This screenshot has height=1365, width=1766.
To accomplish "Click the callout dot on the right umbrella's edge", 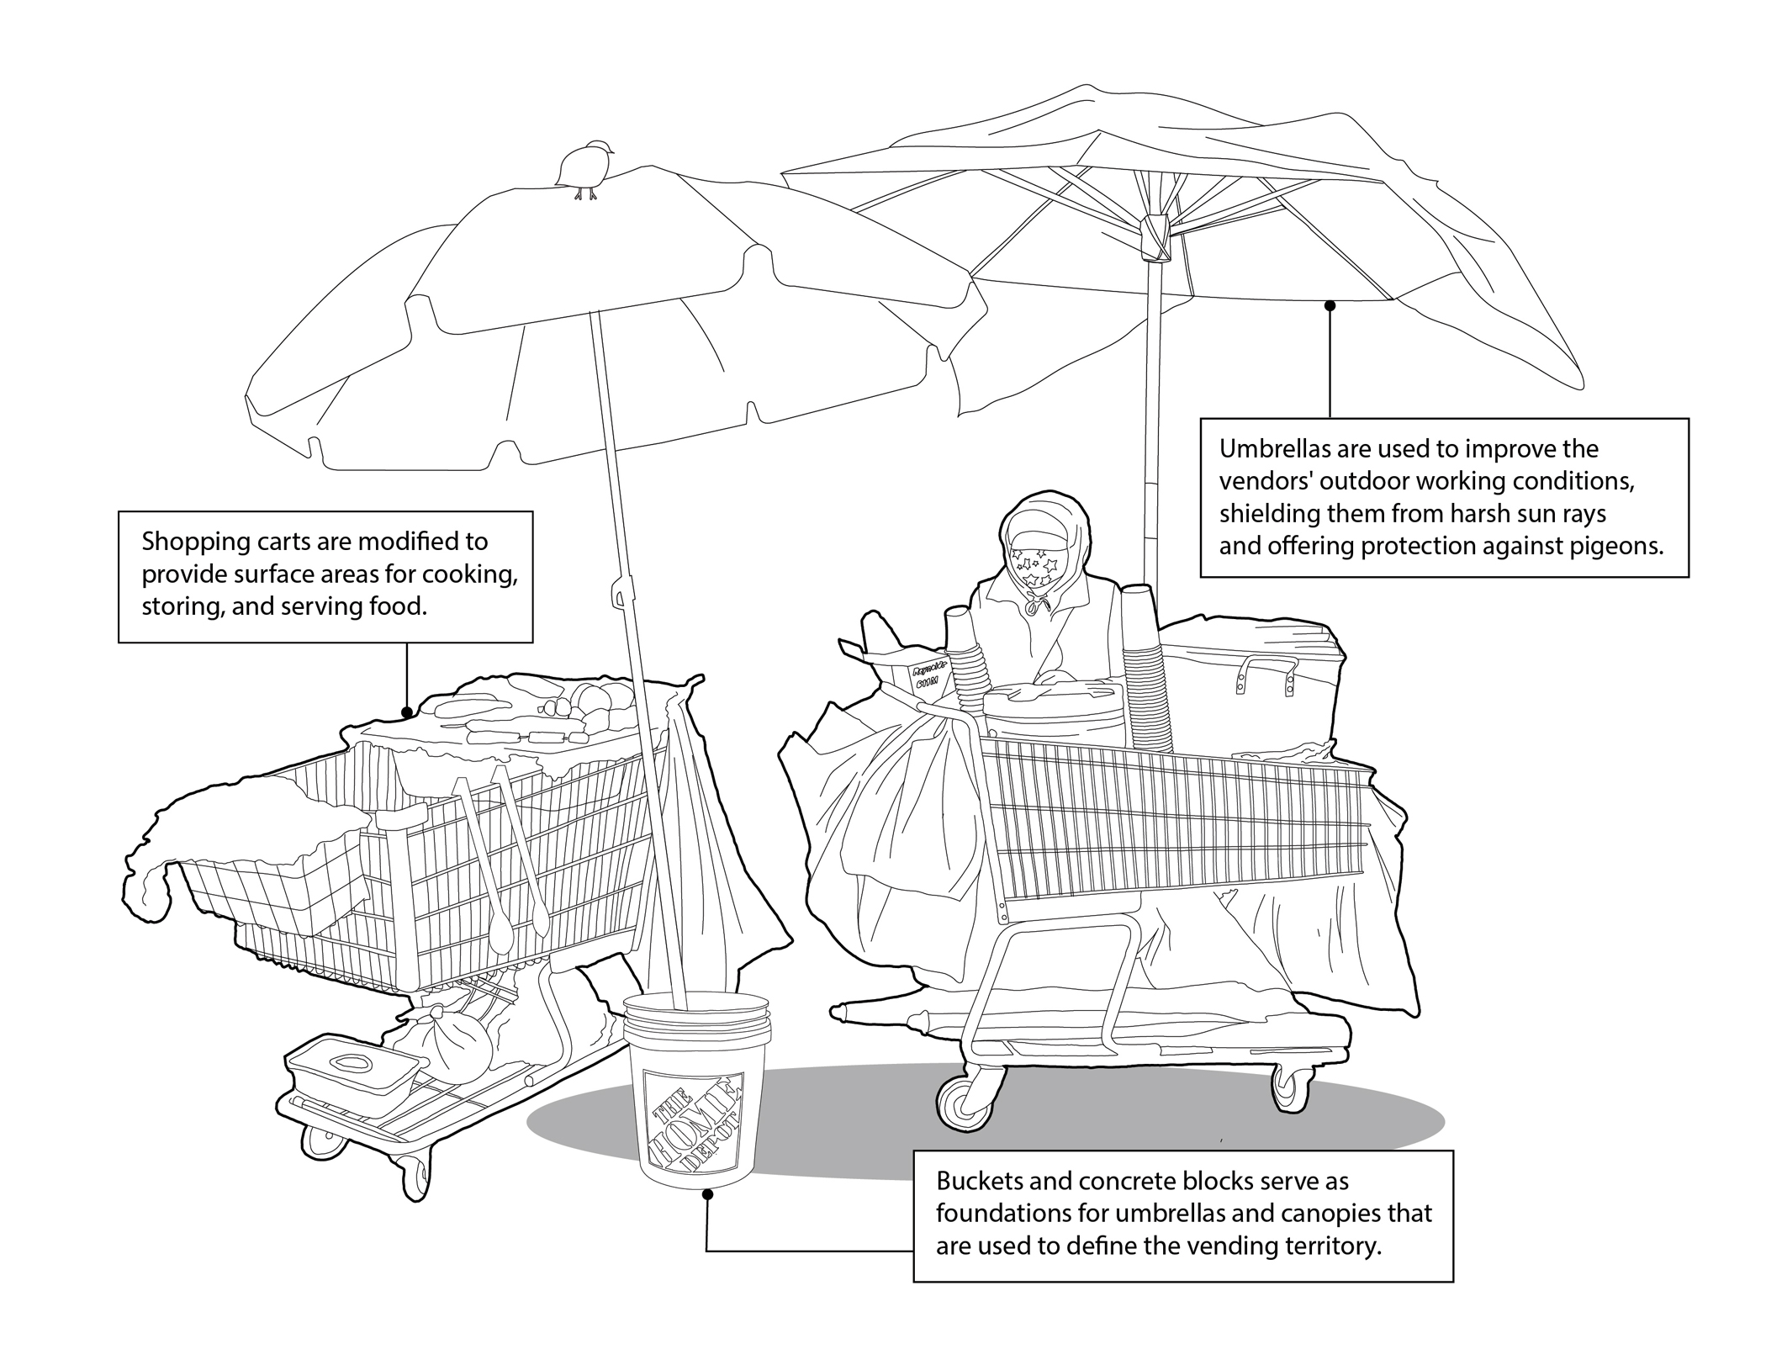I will click(1330, 306).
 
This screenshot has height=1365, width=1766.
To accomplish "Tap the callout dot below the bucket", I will click(707, 1193).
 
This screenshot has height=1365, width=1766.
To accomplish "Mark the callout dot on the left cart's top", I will click(407, 712).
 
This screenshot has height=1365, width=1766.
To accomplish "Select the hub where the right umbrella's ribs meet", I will click(1154, 237).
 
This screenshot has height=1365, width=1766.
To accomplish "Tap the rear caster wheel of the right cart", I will click(1287, 1090).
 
